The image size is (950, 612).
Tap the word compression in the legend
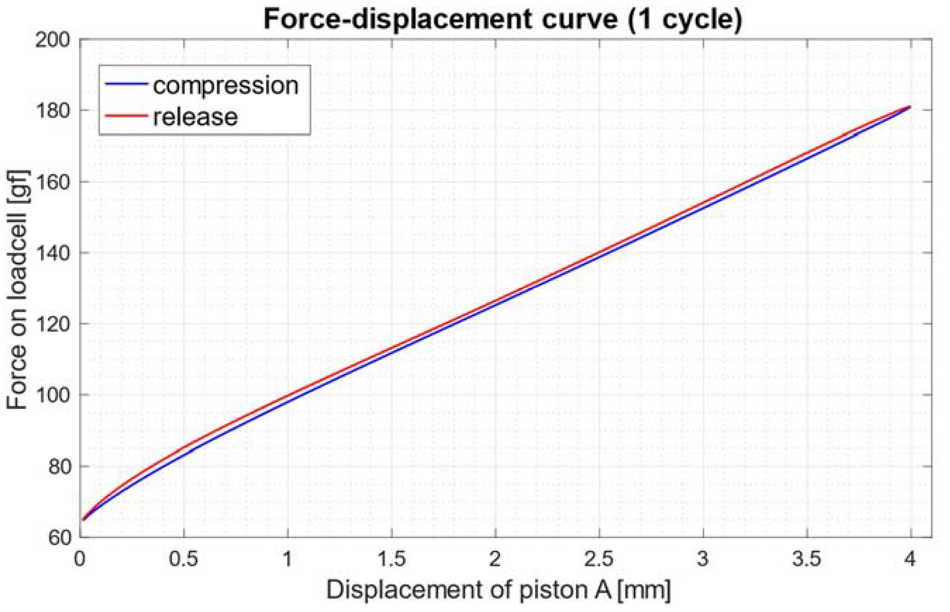click(225, 86)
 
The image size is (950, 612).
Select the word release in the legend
click(195, 117)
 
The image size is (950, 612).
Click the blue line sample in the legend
click(125, 84)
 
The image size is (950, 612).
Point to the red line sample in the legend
click(125, 116)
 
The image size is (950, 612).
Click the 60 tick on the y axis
click(59, 537)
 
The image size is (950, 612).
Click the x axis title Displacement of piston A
click(498, 590)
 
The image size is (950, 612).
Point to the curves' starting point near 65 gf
click(83, 519)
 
